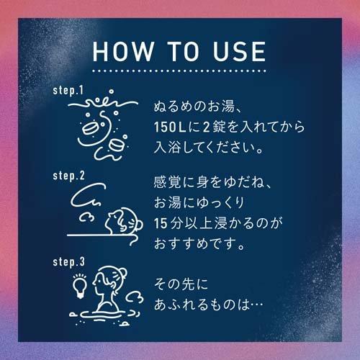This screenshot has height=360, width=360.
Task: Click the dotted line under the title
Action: pyautogui.click(x=180, y=72)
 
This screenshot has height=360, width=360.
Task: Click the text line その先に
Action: pyautogui.click(x=180, y=284)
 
